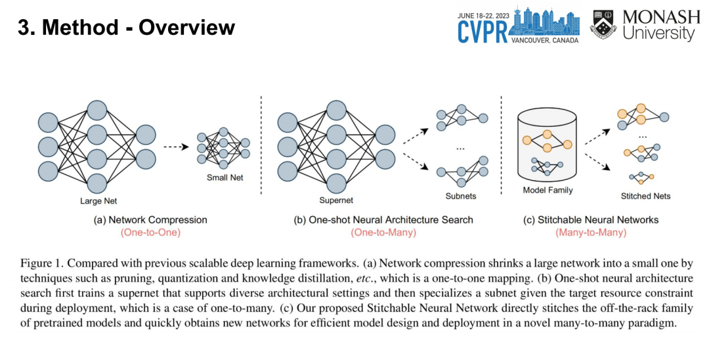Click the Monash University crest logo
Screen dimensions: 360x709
(x=603, y=24)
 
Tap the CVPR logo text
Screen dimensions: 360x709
(x=484, y=31)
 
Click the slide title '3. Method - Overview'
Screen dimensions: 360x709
(x=126, y=28)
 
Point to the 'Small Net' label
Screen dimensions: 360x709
(x=225, y=177)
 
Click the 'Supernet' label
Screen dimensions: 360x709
(x=336, y=201)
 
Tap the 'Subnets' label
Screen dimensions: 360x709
(x=460, y=196)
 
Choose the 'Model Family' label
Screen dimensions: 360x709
(x=548, y=191)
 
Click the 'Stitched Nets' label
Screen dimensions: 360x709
(x=645, y=196)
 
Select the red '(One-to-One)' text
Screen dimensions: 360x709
(x=150, y=233)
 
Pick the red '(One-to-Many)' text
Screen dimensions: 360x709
(x=383, y=233)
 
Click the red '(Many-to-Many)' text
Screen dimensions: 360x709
(x=590, y=233)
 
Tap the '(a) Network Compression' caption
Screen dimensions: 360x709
(x=150, y=219)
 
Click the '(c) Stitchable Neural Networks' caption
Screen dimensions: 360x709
(x=590, y=219)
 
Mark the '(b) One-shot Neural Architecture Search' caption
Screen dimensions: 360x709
(x=383, y=219)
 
